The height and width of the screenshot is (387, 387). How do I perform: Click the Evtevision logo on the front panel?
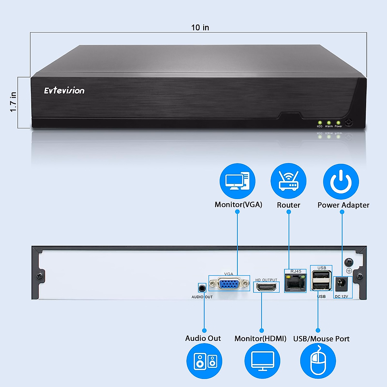(64, 91)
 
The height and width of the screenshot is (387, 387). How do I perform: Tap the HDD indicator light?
(320, 123)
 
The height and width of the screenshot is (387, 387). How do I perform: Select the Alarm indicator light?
(329, 123)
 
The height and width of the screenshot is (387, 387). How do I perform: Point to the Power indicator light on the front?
(338, 123)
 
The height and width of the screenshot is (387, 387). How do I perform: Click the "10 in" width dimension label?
(200, 28)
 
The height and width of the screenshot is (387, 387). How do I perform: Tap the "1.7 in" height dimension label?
(13, 102)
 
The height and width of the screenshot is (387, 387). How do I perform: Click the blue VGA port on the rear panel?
(229, 284)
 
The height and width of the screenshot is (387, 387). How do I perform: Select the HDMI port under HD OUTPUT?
(266, 287)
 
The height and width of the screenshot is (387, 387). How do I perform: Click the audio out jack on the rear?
(202, 288)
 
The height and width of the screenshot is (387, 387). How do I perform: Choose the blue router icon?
(288, 181)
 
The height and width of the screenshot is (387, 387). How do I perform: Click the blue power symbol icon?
(341, 182)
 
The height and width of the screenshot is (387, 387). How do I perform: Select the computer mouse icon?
(318, 361)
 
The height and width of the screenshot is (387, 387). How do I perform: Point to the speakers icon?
(204, 361)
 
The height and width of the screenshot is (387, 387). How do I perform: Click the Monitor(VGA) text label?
(238, 205)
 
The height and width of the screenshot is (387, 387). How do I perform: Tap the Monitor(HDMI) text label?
(260, 339)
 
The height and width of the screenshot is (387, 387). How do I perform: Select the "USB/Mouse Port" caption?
(321, 339)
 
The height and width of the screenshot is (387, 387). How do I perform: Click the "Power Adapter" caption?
(343, 205)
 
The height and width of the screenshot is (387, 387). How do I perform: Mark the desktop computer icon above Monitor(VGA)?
(237, 181)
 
